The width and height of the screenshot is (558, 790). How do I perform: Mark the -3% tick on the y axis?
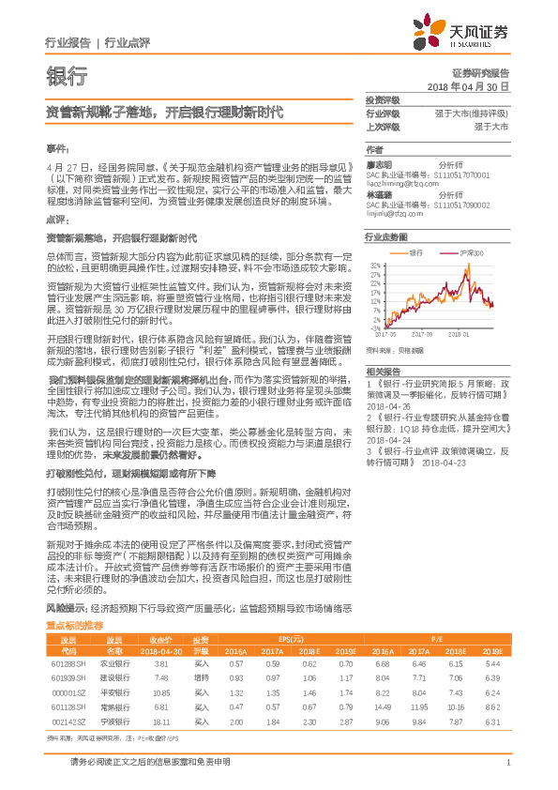pyautogui.click(x=375, y=327)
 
